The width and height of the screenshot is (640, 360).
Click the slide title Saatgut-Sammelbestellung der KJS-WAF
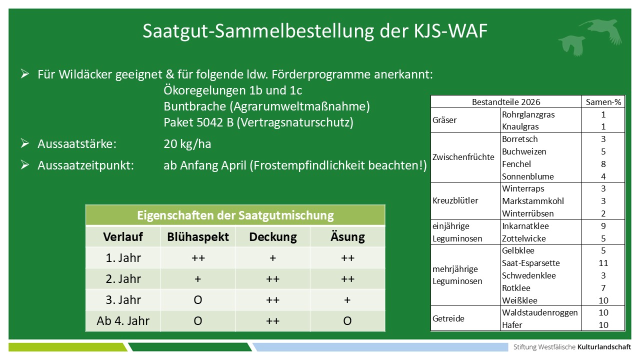tap(315, 31)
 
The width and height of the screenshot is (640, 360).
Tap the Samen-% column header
tap(603, 102)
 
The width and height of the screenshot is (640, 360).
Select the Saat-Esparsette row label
tap(530, 263)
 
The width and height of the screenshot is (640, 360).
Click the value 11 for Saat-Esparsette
tap(603, 263)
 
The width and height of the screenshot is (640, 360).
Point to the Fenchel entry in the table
tap(516, 164)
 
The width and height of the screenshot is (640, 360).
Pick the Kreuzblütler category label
tap(455, 201)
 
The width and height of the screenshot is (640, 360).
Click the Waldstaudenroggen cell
tap(540, 312)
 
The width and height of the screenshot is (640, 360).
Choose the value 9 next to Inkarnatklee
tap(603, 226)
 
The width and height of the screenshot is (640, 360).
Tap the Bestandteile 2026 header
tap(506, 102)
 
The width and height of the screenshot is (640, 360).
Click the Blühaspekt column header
tap(197, 236)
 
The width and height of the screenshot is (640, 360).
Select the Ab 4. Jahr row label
tap(122, 321)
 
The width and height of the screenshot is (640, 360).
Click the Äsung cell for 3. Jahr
tap(347, 300)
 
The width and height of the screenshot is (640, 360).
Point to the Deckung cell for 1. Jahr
tap(272, 258)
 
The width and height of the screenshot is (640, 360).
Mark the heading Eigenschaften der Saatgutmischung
tap(235, 215)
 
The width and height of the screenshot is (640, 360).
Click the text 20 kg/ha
tap(187, 144)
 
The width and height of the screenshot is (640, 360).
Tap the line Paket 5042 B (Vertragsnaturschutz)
tap(258, 122)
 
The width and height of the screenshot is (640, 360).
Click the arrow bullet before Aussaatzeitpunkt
tap(24, 165)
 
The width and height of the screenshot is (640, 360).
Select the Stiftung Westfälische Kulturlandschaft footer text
tap(572, 347)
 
